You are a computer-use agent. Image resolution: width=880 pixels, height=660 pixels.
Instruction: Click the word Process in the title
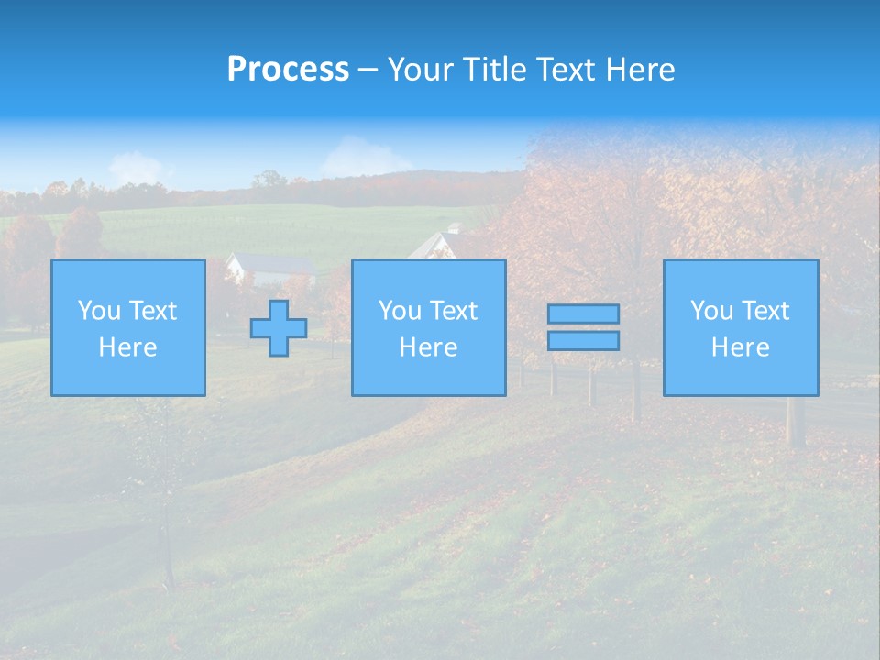[x=288, y=70]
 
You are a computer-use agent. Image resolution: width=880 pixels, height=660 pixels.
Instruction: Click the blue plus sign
[x=279, y=327]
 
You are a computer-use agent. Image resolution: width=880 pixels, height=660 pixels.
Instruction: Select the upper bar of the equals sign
[x=583, y=313]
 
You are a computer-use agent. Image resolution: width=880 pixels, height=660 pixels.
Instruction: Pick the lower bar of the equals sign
[x=583, y=341]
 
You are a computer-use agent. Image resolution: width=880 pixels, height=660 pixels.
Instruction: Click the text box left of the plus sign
[x=128, y=327]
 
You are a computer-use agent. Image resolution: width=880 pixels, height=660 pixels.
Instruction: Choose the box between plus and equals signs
[x=428, y=327]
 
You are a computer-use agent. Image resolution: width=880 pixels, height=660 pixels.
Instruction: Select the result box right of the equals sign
[x=740, y=327]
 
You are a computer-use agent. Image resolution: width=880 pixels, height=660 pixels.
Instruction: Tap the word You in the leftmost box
[x=98, y=311]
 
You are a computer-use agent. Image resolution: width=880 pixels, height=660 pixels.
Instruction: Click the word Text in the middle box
[x=455, y=311]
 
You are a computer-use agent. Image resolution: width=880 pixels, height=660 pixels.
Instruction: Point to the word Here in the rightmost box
[x=740, y=347]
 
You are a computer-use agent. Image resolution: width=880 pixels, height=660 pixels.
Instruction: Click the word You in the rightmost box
[x=711, y=311]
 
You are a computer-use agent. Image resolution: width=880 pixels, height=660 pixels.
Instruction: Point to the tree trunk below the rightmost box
[x=795, y=421]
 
